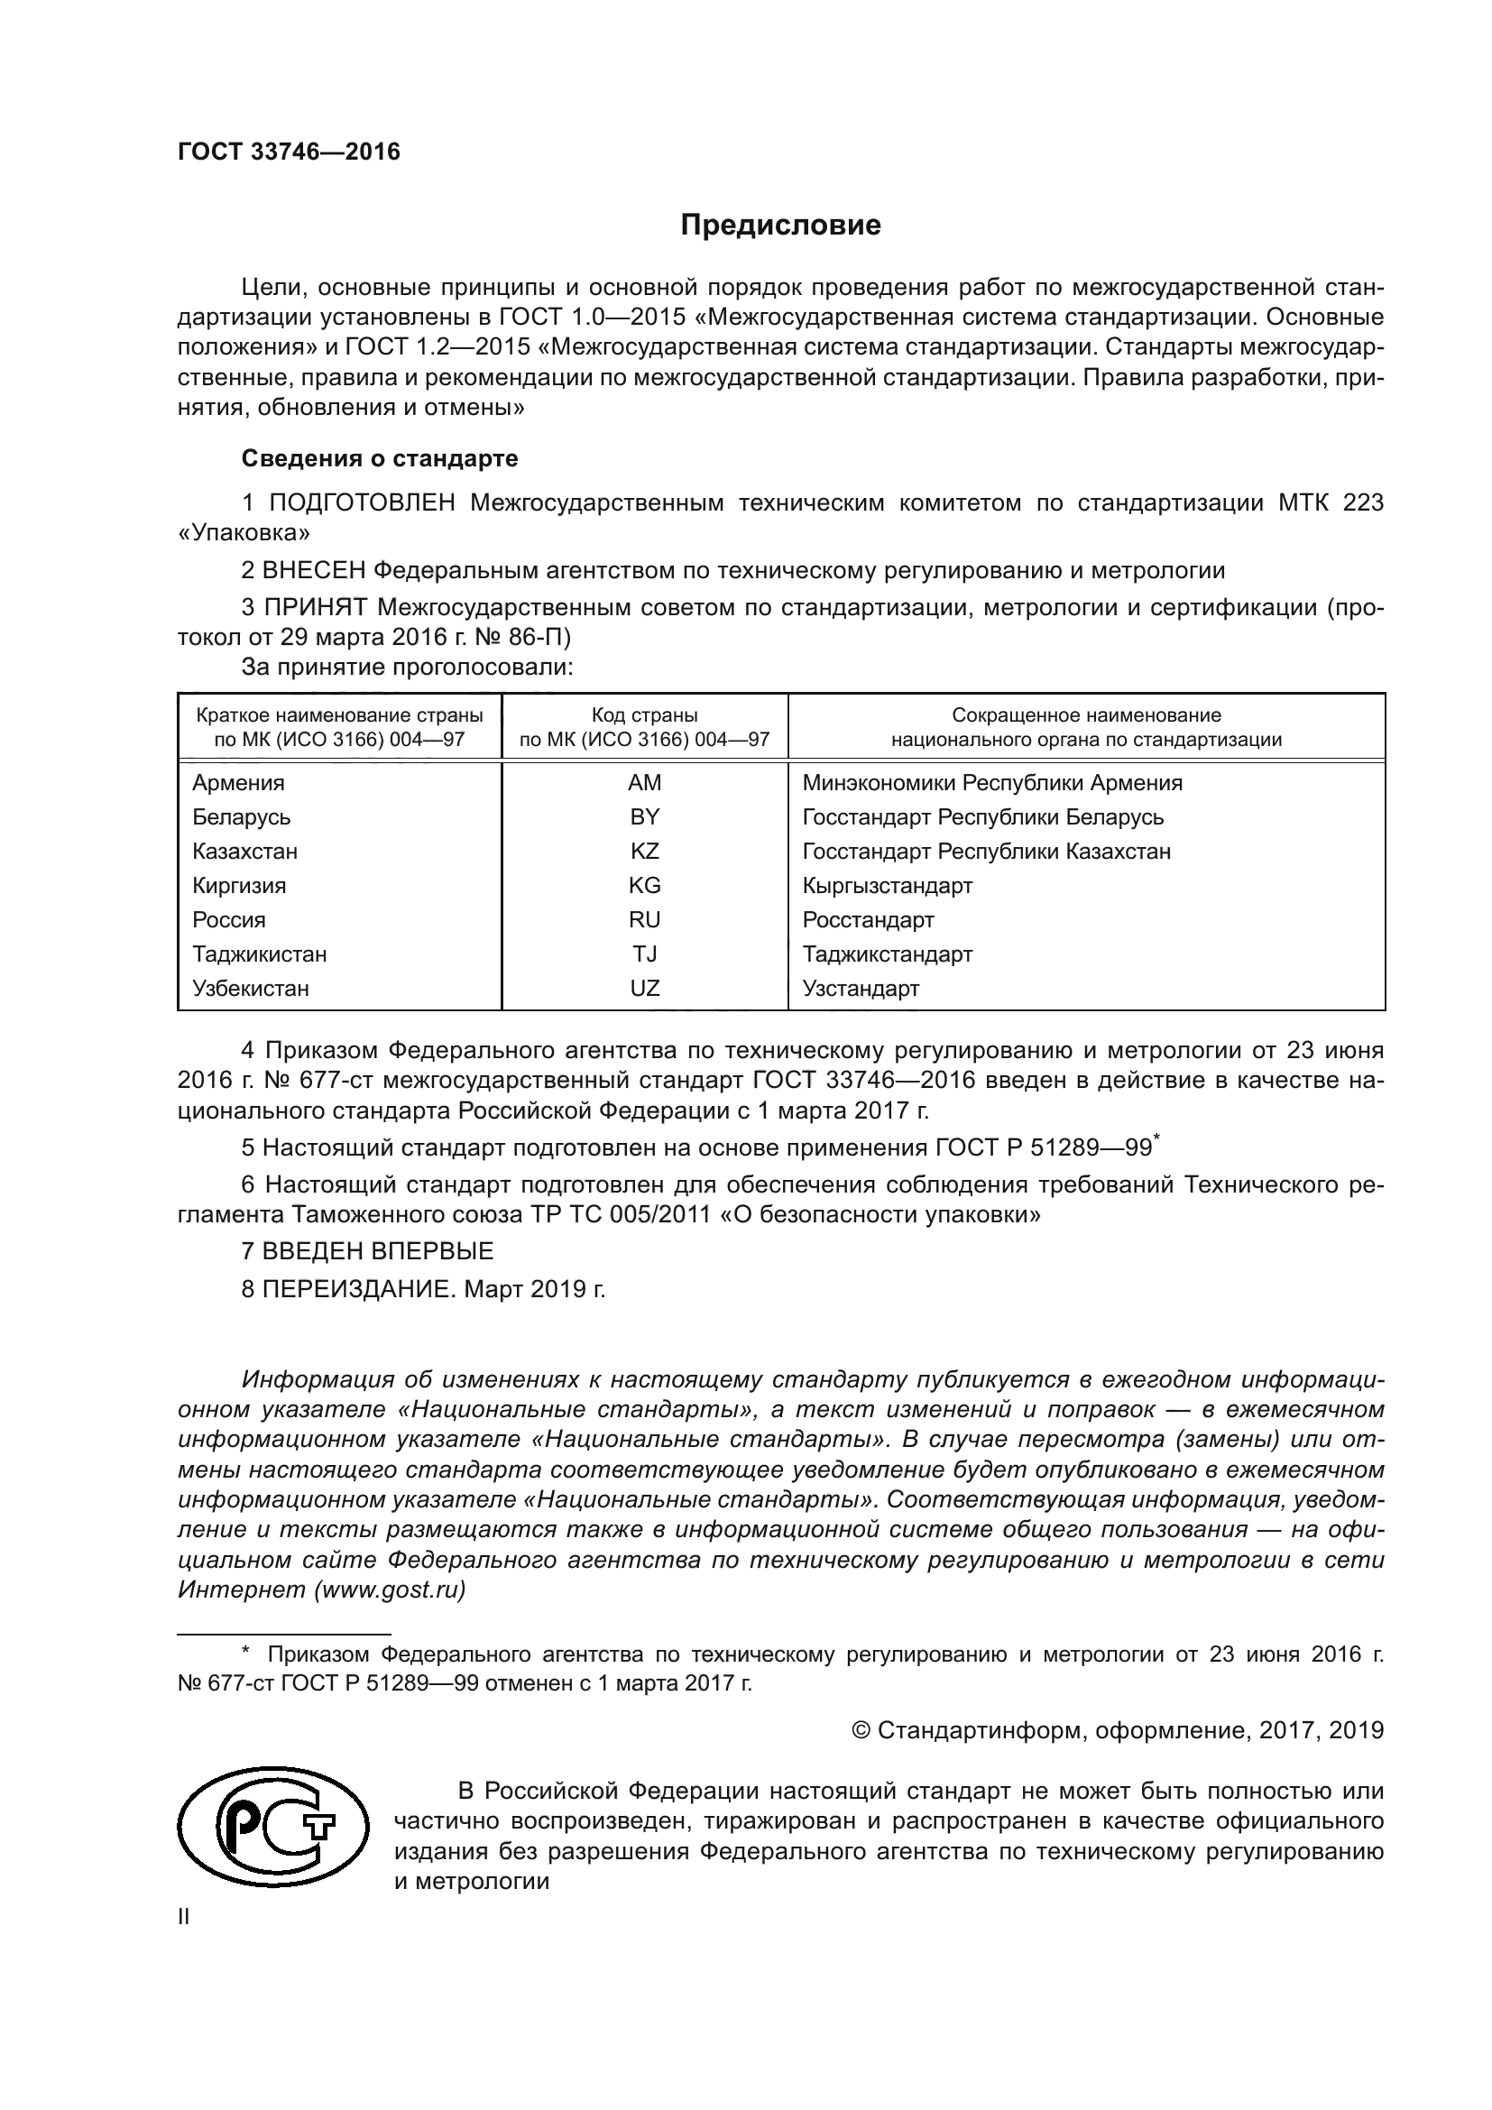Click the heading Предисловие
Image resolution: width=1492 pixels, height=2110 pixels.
(780, 226)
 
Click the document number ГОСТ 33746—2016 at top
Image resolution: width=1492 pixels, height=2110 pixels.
(289, 152)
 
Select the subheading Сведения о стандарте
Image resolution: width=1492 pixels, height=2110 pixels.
(379, 457)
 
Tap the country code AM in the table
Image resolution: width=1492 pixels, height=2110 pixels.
(644, 783)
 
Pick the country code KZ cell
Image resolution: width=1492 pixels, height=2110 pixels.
(644, 851)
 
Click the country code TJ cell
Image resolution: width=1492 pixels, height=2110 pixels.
(644, 954)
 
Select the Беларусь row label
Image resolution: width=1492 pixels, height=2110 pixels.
(241, 817)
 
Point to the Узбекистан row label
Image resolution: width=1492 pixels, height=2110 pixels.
(250, 989)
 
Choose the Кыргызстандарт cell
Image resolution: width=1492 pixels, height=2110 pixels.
(887, 886)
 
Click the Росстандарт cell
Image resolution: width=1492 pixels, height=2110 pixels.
(867, 920)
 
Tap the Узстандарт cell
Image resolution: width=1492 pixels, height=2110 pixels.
(860, 989)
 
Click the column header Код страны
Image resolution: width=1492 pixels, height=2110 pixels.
(644, 715)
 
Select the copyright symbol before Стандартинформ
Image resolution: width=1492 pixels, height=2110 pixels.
(861, 1731)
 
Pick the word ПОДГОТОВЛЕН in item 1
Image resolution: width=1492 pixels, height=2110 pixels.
(362, 502)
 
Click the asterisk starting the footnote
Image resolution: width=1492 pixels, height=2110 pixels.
(245, 1653)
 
